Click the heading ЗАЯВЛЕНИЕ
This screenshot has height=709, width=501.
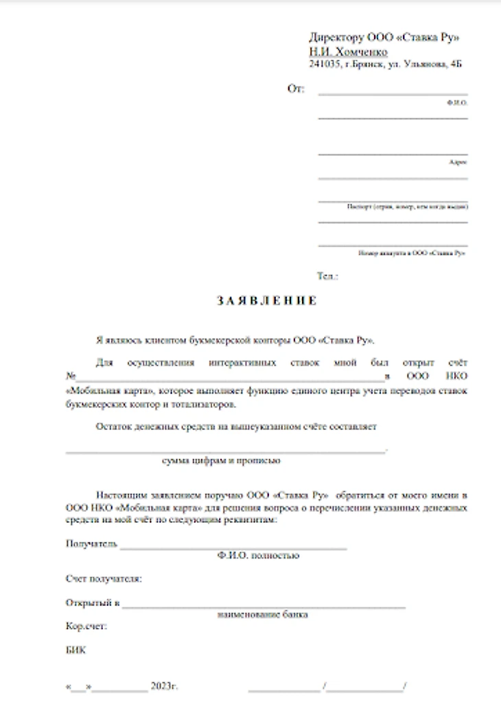click(x=267, y=301)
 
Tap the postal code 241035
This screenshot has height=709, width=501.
click(x=324, y=65)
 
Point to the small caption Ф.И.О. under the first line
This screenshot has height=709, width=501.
click(x=456, y=102)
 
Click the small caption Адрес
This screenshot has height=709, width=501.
click(x=458, y=162)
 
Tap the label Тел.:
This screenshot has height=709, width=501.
click(x=327, y=276)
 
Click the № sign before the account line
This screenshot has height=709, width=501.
click(x=69, y=376)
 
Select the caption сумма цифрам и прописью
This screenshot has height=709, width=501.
click(x=221, y=460)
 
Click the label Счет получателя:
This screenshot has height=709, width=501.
click(x=104, y=579)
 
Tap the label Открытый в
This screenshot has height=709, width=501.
click(x=93, y=603)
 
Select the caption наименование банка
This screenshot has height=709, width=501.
click(x=263, y=614)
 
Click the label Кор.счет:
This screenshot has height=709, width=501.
click(x=86, y=626)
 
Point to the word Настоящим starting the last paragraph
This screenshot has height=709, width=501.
click(x=119, y=495)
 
